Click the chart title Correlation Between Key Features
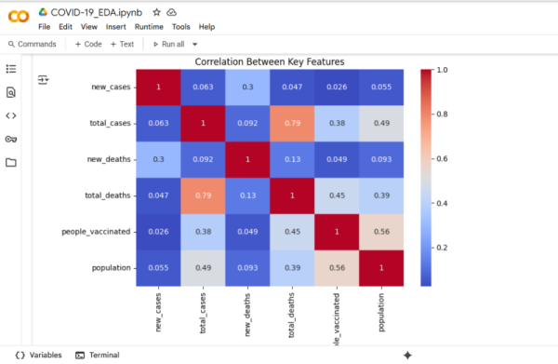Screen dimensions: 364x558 [x=270, y=61]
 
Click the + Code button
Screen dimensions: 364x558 [x=88, y=44]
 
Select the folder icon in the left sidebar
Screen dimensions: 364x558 [x=11, y=162]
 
